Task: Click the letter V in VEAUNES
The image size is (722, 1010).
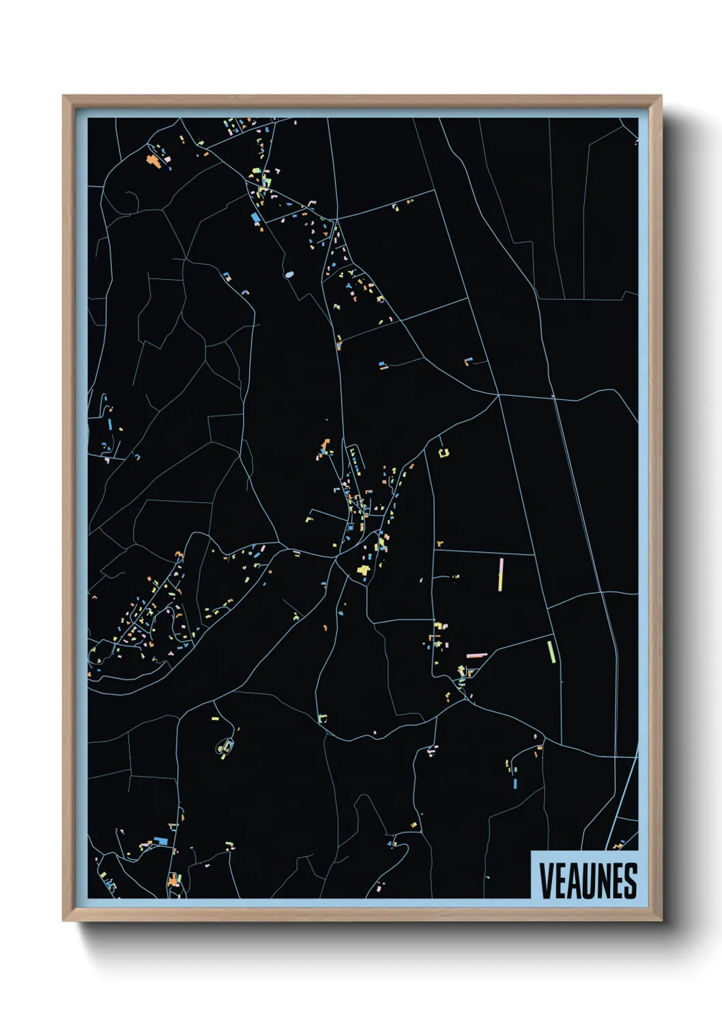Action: pyautogui.click(x=546, y=881)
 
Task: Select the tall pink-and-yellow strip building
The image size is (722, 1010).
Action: pyautogui.click(x=501, y=575)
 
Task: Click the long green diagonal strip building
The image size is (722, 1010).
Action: pyautogui.click(x=551, y=652)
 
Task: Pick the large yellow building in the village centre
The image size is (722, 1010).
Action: pyautogui.click(x=364, y=570)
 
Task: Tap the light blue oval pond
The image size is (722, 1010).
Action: pyautogui.click(x=289, y=274)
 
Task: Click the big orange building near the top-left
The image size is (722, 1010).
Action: pyautogui.click(x=152, y=161)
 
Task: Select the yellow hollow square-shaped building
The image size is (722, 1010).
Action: pyautogui.click(x=444, y=452)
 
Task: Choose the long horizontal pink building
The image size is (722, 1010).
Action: pyautogui.click(x=476, y=655)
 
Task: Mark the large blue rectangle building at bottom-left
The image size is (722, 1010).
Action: pyautogui.click(x=161, y=841)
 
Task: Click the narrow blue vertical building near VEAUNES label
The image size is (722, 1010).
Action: pyautogui.click(x=515, y=783)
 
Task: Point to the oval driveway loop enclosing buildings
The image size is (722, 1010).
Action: pyautogui.click(x=225, y=747)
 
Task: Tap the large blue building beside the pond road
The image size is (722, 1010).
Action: pyautogui.click(x=256, y=218)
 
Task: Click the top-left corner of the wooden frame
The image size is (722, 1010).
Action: pyautogui.click(x=63, y=96)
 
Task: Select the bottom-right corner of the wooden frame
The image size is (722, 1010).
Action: pyautogui.click(x=661, y=921)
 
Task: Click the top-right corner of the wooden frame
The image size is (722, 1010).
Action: pyautogui.click(x=661, y=96)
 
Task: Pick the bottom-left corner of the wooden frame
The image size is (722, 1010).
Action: pyautogui.click(x=63, y=921)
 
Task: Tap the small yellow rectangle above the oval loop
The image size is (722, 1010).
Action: pyautogui.click(x=215, y=719)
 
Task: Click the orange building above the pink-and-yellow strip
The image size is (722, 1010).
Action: pyautogui.click(x=439, y=544)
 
